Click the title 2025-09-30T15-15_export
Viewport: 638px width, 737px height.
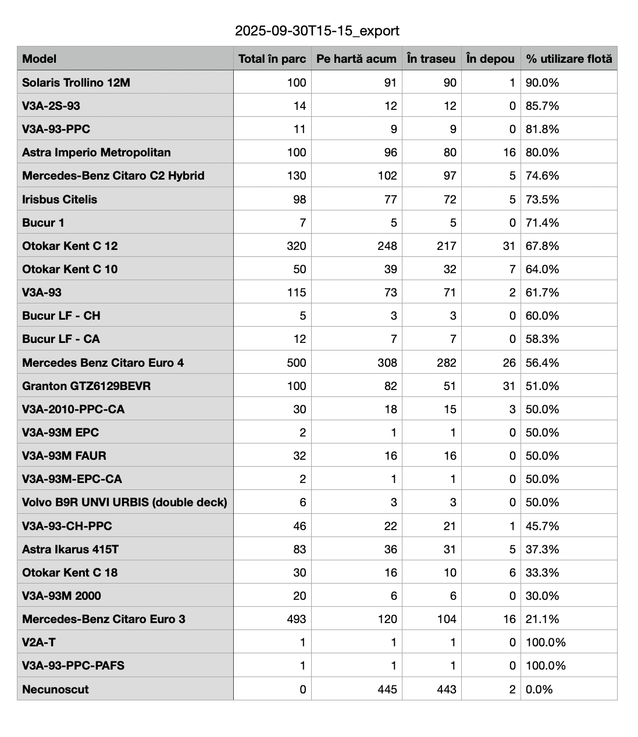pos(317,31)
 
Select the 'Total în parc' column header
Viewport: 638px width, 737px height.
pos(272,59)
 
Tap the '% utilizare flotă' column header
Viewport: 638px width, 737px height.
pos(569,59)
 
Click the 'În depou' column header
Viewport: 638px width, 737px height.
pos(490,59)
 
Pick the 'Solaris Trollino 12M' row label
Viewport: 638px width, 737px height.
pos(76,83)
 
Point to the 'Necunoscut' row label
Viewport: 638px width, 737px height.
pos(55,689)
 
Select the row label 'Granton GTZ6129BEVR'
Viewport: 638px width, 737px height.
pos(86,386)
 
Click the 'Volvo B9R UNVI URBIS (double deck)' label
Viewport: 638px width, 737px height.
pos(124,502)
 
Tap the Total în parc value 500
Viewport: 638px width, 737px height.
pos(297,363)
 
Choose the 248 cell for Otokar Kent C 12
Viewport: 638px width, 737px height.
pos(387,246)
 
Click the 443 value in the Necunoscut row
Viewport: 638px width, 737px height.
pos(447,689)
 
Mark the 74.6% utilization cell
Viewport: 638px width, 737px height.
pos(543,176)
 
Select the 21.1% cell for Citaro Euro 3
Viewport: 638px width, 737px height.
pos(543,619)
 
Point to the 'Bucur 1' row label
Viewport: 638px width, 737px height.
pos(43,223)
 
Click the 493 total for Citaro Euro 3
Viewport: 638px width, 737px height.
pos(297,619)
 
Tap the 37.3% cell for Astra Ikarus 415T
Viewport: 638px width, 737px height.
pos(543,549)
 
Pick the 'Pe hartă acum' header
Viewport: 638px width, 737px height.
pos(357,59)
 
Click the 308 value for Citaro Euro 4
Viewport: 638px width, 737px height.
pos(387,363)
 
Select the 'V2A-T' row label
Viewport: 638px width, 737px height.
pos(39,642)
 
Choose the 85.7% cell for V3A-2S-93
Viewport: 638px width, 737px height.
pos(543,106)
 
